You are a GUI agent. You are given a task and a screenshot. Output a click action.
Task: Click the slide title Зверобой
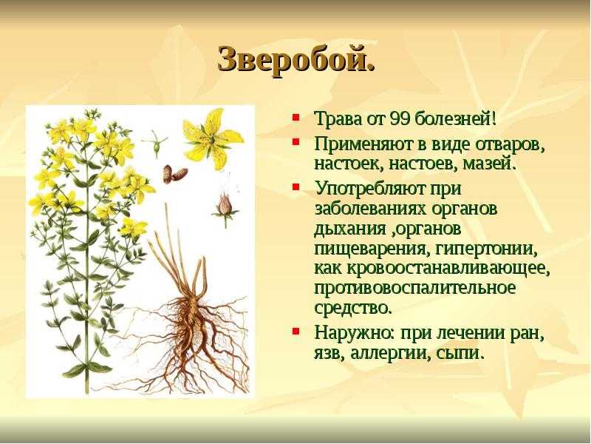(x=296, y=60)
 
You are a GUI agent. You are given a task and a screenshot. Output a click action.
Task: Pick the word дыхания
(x=349, y=230)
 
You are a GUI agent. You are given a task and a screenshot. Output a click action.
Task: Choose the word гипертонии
(x=486, y=249)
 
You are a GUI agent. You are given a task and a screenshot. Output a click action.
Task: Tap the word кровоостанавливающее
(x=448, y=269)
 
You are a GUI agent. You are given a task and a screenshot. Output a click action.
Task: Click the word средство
(x=353, y=308)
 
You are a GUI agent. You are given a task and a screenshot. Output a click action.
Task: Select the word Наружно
(x=355, y=334)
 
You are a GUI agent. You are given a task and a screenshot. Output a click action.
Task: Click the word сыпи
(x=460, y=354)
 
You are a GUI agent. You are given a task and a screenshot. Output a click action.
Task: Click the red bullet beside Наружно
(x=296, y=331)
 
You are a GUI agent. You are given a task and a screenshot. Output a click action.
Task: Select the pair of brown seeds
(x=174, y=174)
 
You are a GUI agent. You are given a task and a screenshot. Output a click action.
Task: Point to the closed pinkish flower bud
(x=225, y=206)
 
